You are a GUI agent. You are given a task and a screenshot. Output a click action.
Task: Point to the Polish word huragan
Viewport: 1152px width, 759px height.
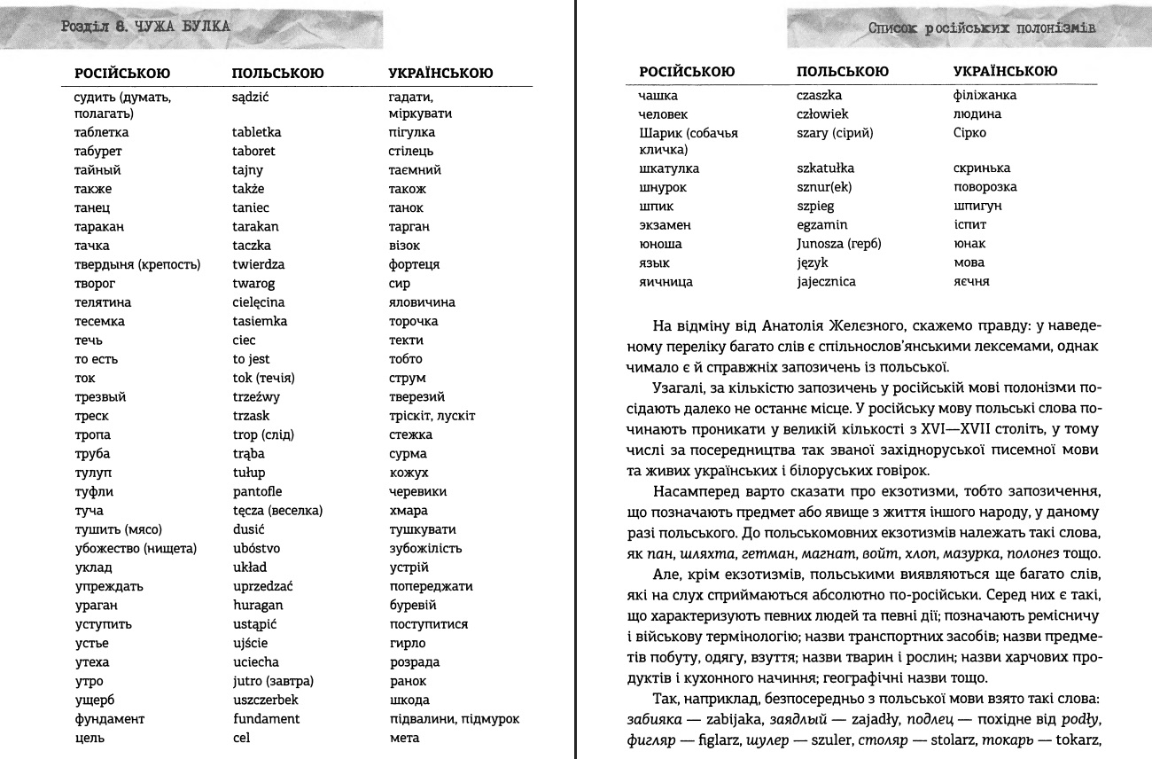coord(255,606)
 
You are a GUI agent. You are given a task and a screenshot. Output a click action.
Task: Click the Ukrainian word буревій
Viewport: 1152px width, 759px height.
coord(412,606)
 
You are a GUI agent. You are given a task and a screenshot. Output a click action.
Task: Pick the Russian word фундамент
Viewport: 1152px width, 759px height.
coord(109,719)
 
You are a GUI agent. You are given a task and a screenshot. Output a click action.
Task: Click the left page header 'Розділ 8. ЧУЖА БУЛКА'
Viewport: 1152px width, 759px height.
coord(146,27)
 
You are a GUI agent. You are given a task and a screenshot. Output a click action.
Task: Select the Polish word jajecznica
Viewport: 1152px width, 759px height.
coord(827,282)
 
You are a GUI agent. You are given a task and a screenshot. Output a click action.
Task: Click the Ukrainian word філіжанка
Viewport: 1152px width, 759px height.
coord(985,95)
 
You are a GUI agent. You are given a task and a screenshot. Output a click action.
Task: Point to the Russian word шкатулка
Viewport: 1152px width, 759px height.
coord(669,168)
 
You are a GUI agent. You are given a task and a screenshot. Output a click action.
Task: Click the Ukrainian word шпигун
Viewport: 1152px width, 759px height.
coord(976,207)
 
